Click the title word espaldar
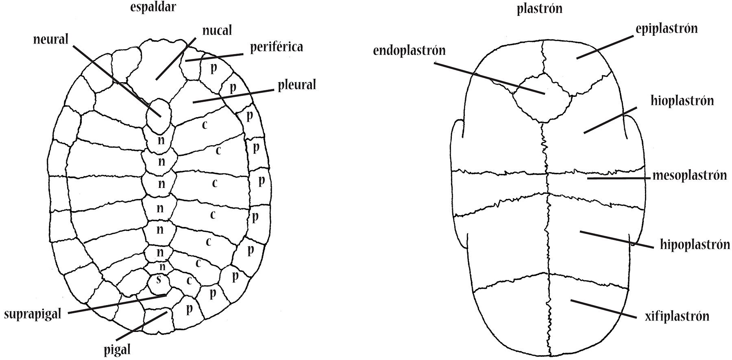153,7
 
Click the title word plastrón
539,9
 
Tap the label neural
50,39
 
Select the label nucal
217,30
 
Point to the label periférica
276,47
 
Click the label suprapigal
33,314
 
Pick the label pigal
117,349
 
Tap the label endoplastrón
409,50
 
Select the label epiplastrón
667,28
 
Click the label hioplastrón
682,100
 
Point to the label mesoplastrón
689,175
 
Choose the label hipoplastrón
695,244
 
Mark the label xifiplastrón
677,316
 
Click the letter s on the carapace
159,279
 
